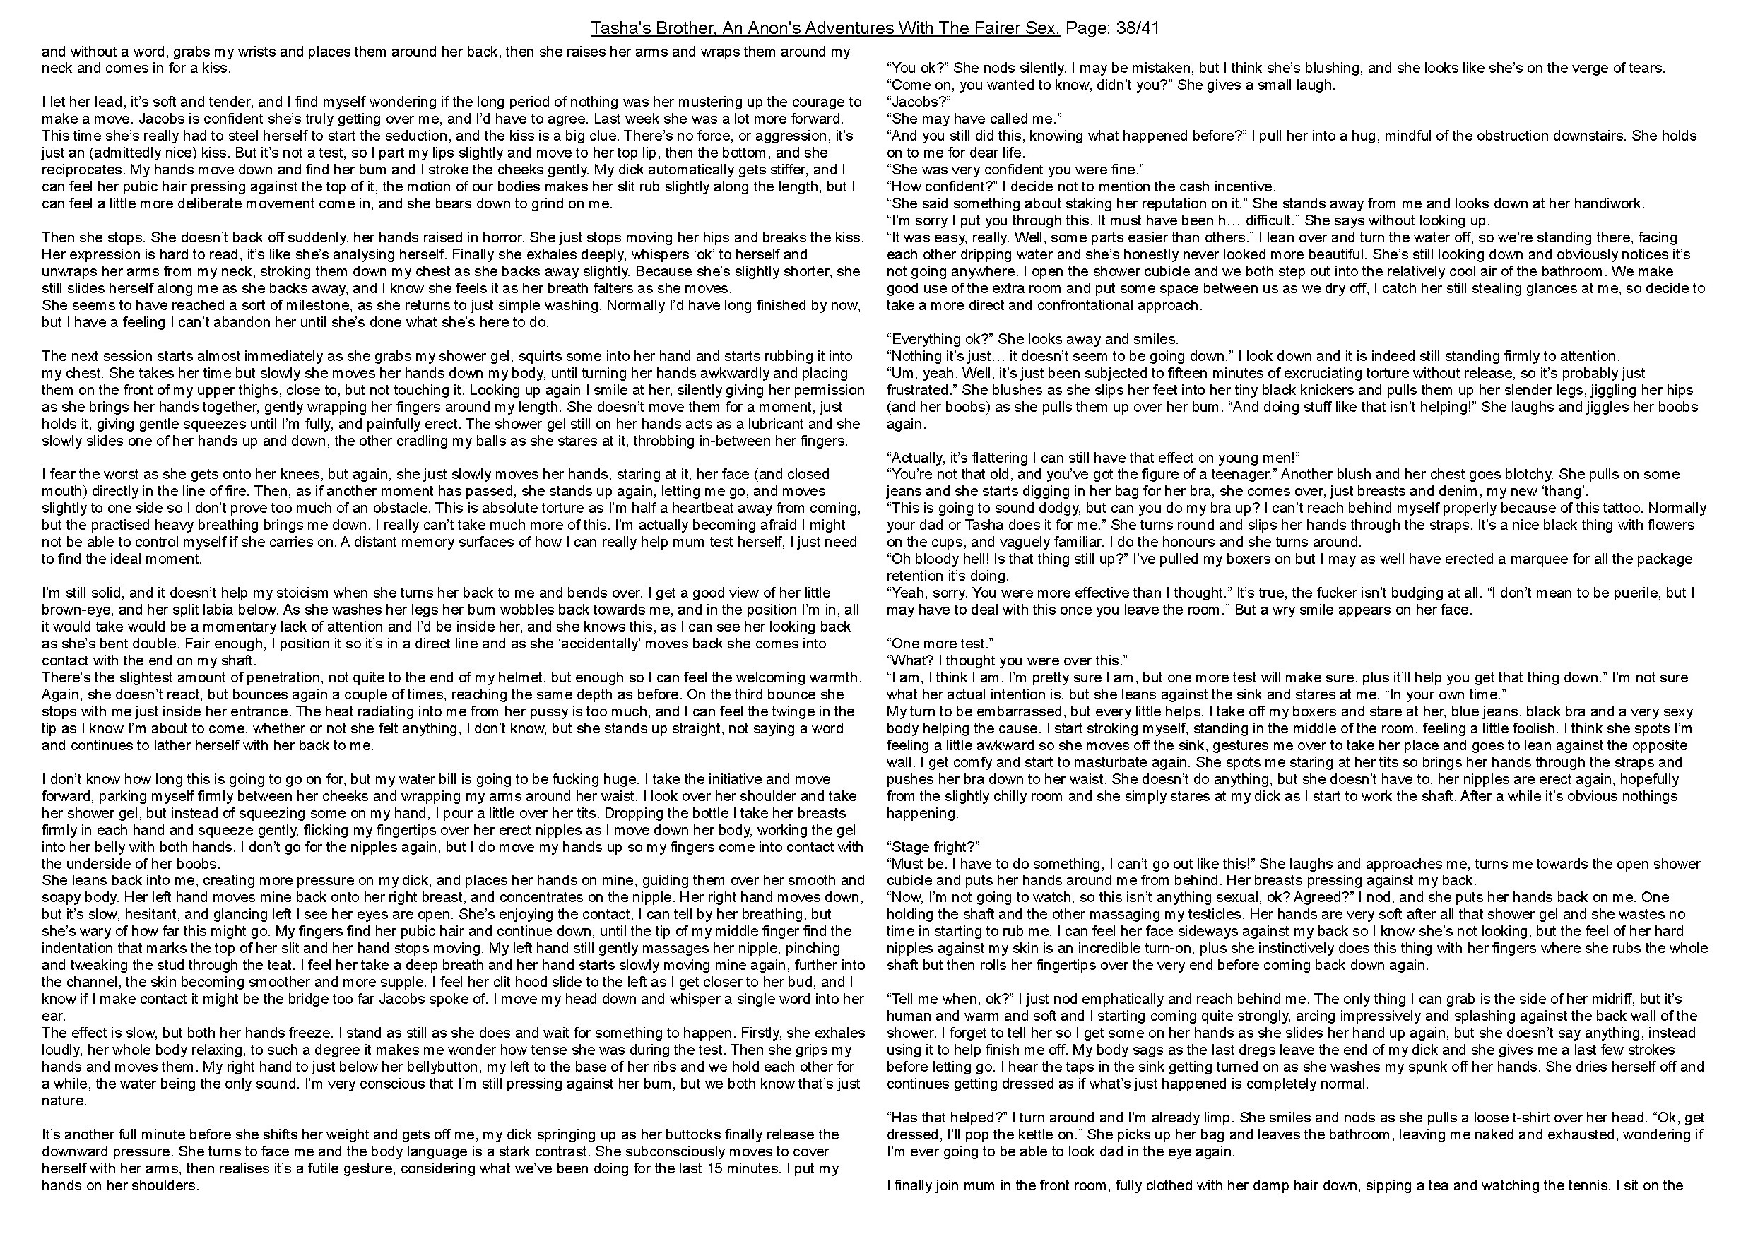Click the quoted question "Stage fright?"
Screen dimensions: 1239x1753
click(933, 847)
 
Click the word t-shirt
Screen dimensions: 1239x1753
click(1441, 1117)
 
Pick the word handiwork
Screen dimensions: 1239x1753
click(1608, 204)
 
